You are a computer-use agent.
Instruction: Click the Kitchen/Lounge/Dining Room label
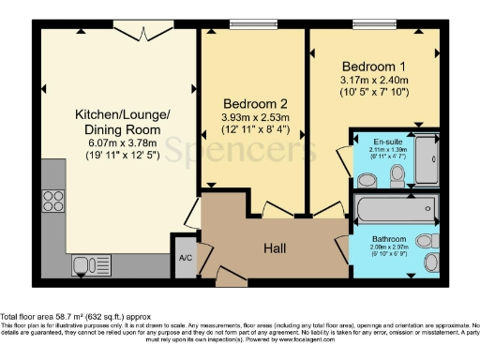coord(122,121)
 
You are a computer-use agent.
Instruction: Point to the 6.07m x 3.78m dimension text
coord(122,142)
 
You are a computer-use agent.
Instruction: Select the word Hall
coord(275,249)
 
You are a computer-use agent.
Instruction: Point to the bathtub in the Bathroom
coord(394,208)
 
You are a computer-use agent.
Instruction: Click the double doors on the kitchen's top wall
coord(131,30)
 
